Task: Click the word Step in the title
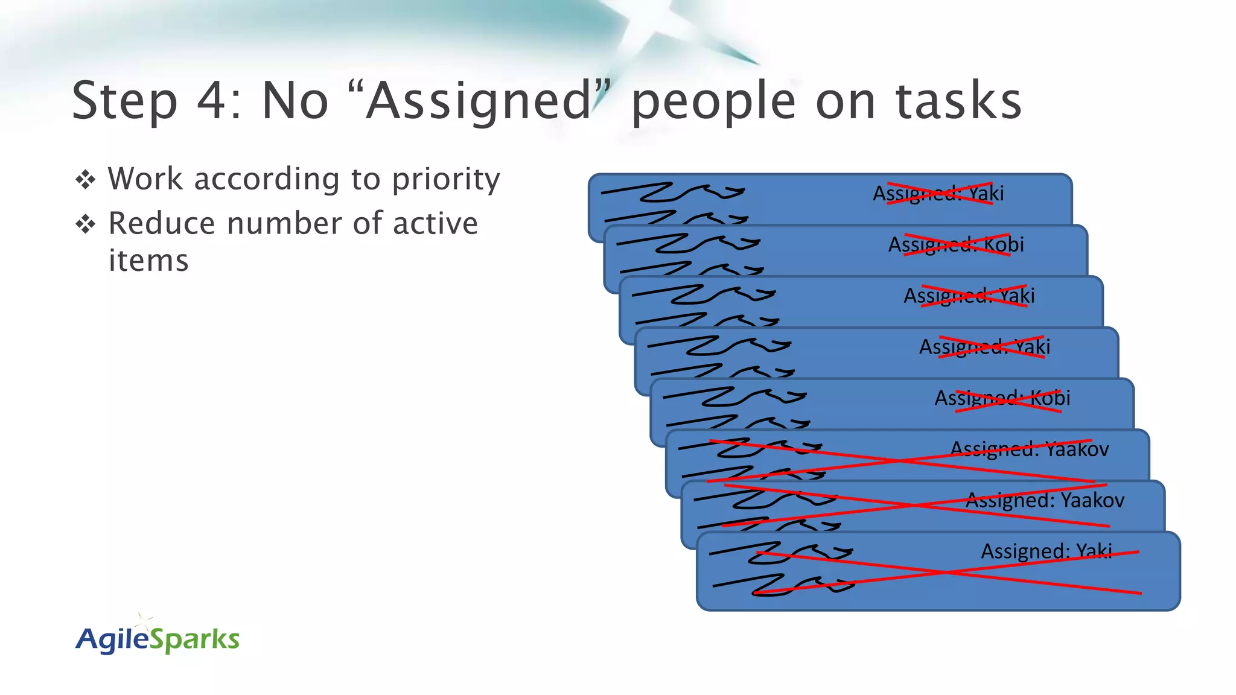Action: pos(125,101)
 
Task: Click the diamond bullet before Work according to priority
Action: pos(86,180)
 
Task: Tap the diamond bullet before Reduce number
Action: pos(86,224)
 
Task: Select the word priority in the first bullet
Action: pos(446,180)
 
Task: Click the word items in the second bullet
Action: pos(148,261)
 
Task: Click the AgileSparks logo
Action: pos(158,638)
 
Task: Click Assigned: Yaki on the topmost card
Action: pos(938,194)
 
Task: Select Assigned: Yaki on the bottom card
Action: pos(1046,551)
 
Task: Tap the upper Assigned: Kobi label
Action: pos(956,245)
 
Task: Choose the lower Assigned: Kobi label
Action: pos(1002,398)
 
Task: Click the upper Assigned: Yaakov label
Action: pos(1030,449)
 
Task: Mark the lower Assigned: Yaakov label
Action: pos(1045,501)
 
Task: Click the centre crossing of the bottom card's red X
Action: pos(948,572)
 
